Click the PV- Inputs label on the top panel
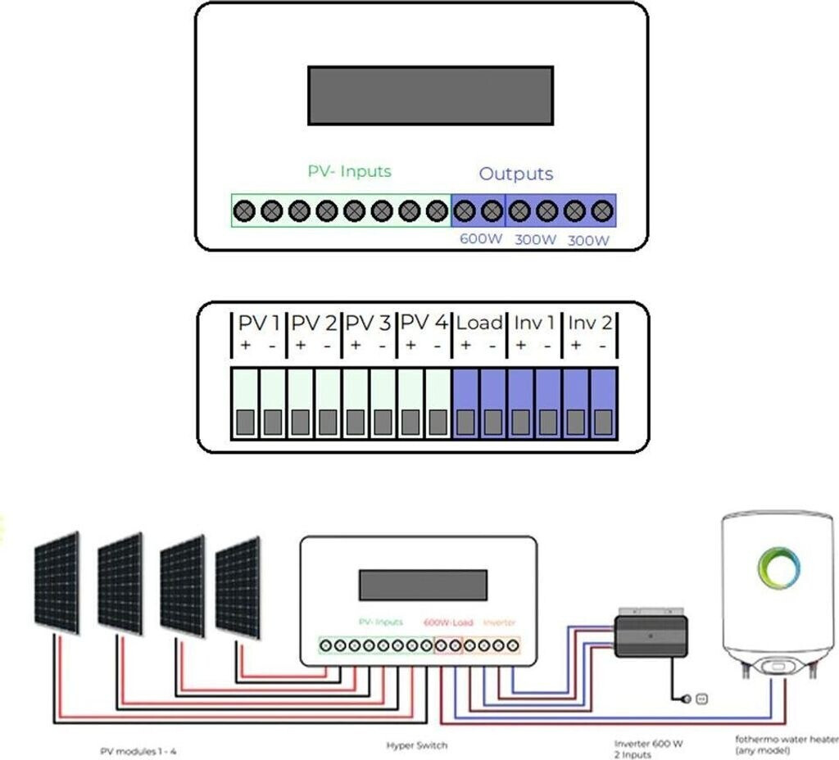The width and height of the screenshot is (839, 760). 349,172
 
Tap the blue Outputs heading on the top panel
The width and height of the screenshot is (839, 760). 515,174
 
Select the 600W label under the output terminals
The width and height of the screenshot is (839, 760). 478,240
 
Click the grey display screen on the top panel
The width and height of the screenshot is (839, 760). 430,96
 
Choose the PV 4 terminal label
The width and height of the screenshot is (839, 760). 424,323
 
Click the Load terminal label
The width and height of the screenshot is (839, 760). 479,323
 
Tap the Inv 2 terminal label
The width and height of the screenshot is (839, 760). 590,323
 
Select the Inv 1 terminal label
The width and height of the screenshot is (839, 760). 534,323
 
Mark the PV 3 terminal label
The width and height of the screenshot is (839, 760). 369,323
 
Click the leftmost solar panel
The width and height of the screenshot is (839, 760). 57,583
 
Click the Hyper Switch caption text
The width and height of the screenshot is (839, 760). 416,746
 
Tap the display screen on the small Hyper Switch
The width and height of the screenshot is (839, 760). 423,585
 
